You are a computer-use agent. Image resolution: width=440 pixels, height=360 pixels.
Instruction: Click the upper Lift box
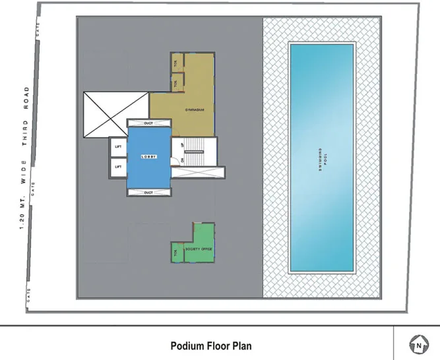tap(118, 146)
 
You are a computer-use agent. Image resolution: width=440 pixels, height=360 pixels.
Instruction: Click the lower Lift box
tap(118, 167)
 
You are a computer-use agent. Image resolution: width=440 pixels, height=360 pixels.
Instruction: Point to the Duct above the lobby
tap(148, 123)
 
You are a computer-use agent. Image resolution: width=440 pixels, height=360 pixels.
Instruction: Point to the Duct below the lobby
tap(148, 192)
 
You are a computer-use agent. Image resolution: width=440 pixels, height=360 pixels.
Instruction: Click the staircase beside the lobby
tap(195, 152)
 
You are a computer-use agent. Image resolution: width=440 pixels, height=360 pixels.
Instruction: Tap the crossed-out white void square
tap(116, 115)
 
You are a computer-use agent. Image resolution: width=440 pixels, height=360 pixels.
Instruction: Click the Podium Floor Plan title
tap(210, 345)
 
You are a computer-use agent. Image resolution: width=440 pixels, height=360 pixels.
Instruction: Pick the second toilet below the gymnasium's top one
tap(175, 83)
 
